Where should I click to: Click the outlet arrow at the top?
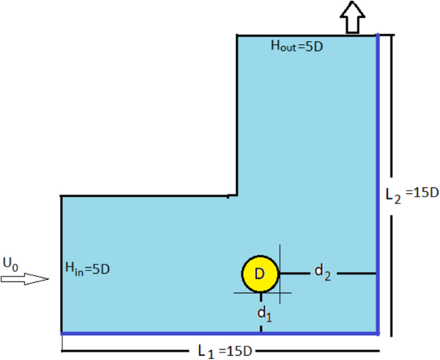pyautogui.click(x=352, y=17)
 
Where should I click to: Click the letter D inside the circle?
pyautogui.click(x=260, y=274)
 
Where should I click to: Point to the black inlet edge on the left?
pyautogui.click(x=61, y=263)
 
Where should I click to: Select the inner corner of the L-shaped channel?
pyautogui.click(x=237, y=195)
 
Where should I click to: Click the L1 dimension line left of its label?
pyautogui.click(x=128, y=351)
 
